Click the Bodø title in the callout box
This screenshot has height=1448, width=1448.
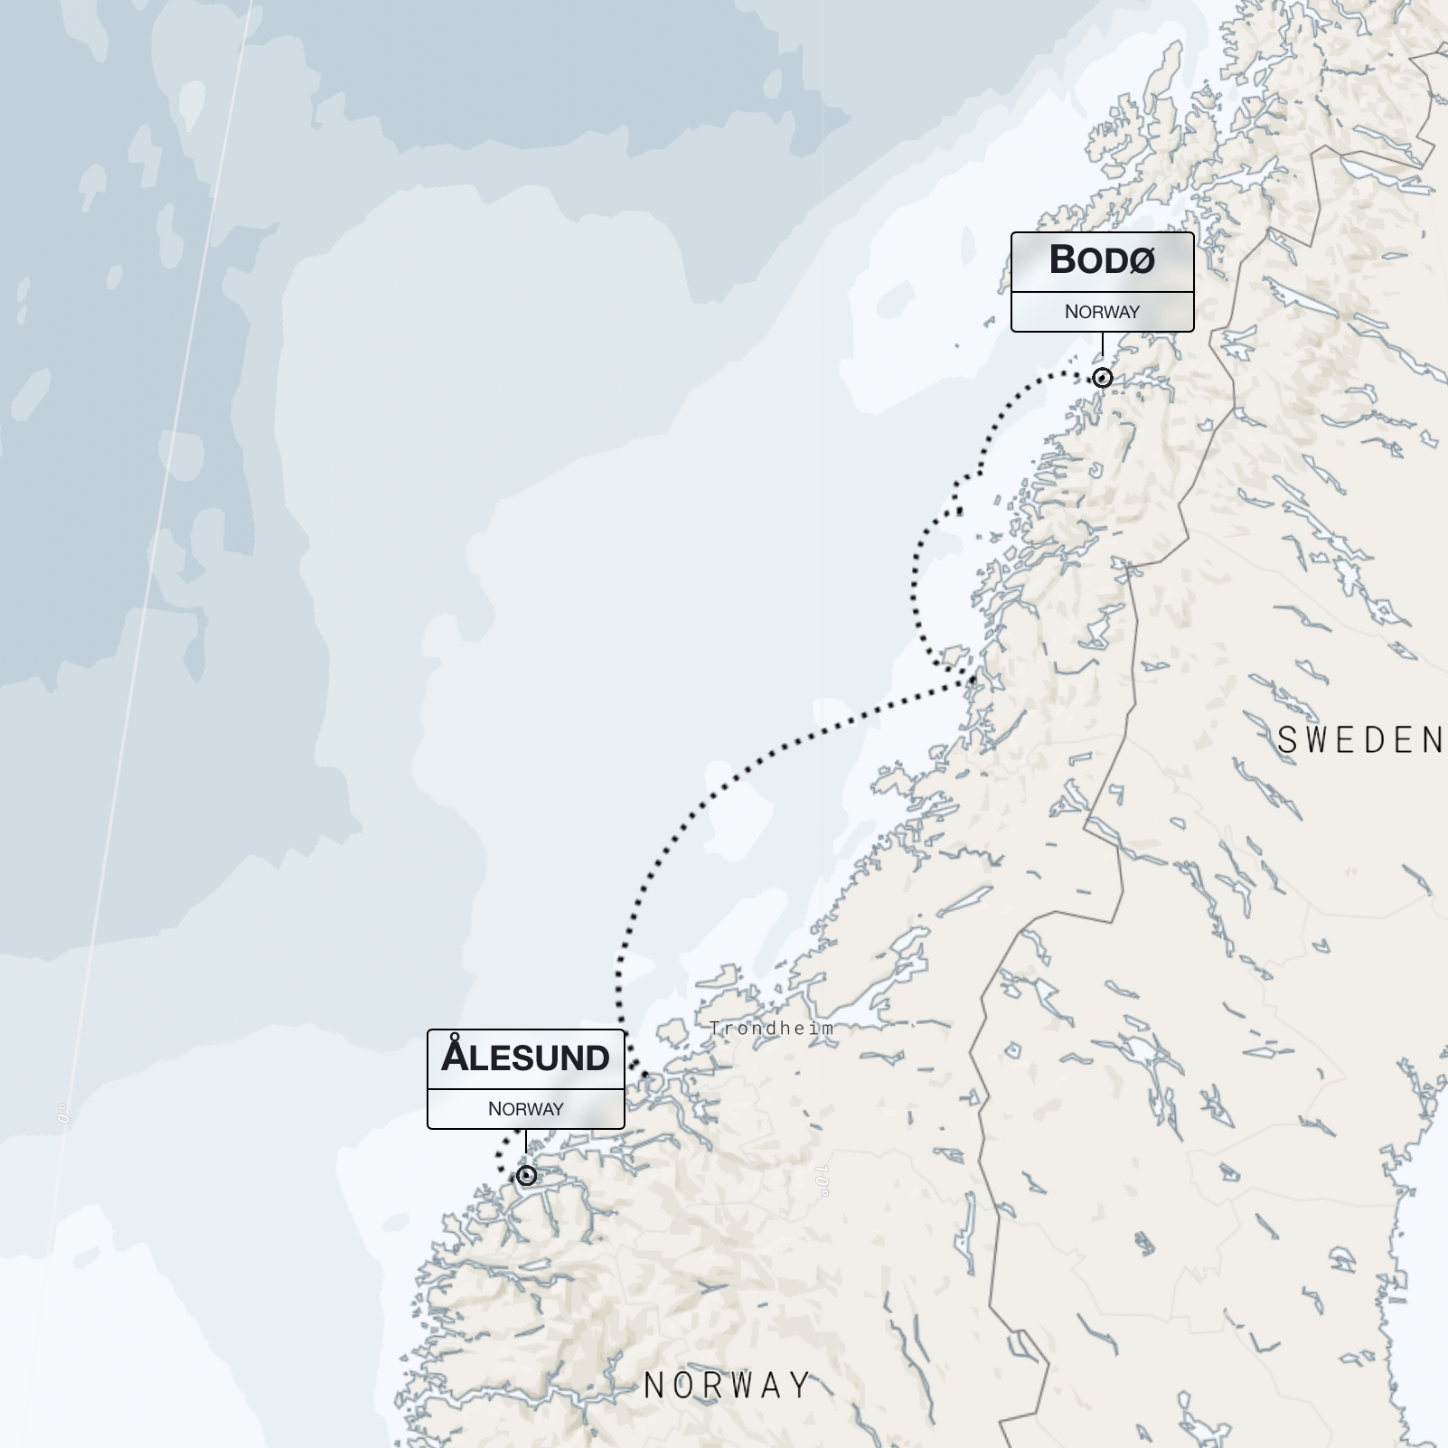[1102, 260]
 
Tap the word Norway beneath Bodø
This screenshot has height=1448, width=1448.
[1102, 312]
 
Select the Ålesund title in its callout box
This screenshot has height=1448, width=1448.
[525, 1058]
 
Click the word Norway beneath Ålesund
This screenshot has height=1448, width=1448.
[525, 1109]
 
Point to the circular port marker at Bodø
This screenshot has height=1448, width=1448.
[1102, 378]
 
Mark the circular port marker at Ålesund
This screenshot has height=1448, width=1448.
[526, 1175]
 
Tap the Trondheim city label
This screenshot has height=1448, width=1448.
[771, 1028]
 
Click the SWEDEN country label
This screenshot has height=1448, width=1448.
[1359, 740]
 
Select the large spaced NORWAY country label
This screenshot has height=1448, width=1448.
[727, 1386]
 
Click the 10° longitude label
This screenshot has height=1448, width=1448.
[822, 1180]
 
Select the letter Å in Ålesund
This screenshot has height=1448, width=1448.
[455, 1056]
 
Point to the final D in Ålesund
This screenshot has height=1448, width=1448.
[594, 1058]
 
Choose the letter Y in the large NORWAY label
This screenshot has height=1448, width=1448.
[799, 1386]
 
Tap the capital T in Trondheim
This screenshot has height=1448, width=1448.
[715, 1028]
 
